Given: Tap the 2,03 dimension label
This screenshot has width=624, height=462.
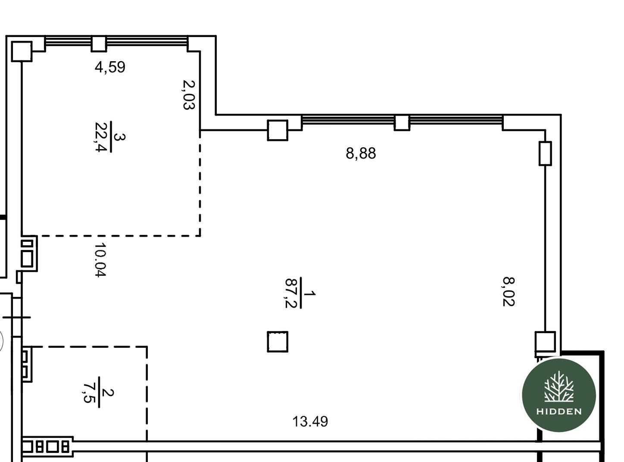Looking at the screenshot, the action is tap(189, 95).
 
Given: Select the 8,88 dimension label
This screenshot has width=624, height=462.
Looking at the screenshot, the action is tap(361, 153).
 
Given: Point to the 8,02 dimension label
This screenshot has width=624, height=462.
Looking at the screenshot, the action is tap(509, 291).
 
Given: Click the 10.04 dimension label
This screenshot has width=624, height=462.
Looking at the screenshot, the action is tap(100, 260).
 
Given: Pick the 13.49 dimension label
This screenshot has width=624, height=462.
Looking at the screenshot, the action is tap(310, 421).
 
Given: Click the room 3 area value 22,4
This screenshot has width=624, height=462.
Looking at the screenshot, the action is tap(101, 137).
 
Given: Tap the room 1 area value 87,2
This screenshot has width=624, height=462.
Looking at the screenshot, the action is tap(291, 293).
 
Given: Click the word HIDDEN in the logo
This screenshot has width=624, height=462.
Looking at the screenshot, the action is tap(559, 412).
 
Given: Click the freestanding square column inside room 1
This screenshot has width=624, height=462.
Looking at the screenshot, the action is tap(278, 342).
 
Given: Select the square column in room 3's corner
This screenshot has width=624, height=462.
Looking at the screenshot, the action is tap(22, 51).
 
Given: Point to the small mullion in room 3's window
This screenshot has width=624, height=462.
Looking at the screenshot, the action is tap(99, 44).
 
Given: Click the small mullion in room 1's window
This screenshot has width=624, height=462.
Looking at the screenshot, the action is tap(402, 123).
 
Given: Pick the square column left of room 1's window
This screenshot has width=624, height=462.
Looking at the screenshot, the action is tap(278, 130).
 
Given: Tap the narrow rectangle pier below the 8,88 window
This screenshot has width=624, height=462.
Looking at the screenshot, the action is tap(545, 153).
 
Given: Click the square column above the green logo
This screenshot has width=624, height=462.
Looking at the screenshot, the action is tap(545, 342).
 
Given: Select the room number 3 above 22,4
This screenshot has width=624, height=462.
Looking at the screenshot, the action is tap(119, 137).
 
